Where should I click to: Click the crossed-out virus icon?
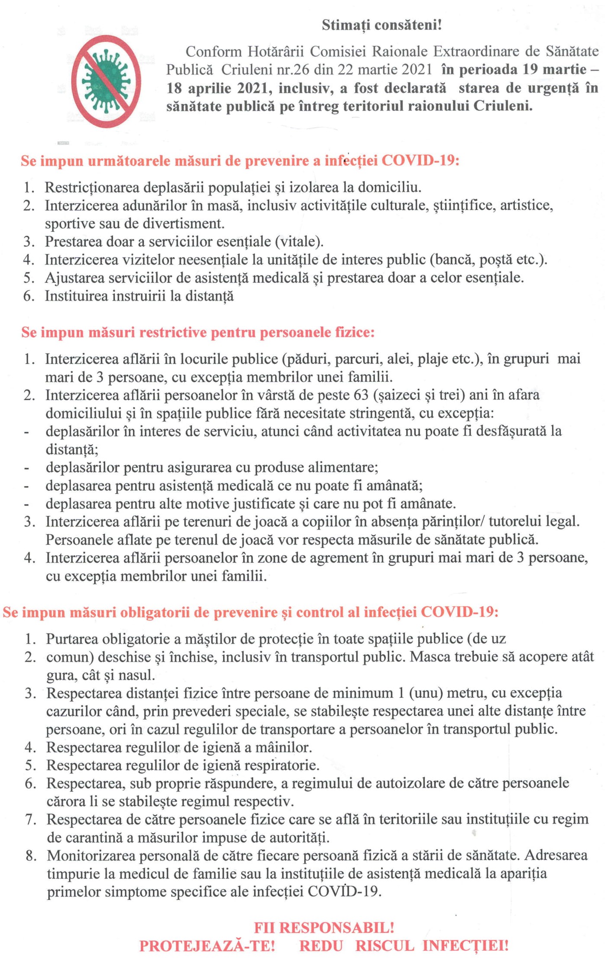[x=106, y=81]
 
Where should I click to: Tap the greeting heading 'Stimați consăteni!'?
[x=381, y=25]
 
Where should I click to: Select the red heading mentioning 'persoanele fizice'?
[x=198, y=333]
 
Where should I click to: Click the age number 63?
[x=360, y=396]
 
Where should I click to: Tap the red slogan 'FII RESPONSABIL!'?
[x=324, y=928]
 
